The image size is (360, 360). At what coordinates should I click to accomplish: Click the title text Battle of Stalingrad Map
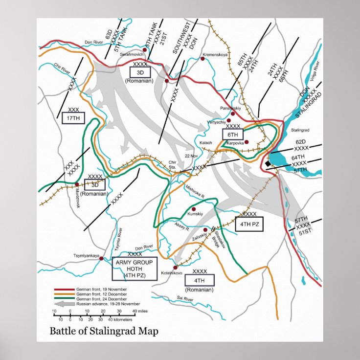click(x=104, y=331)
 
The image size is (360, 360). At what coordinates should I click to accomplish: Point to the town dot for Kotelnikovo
click(x=175, y=268)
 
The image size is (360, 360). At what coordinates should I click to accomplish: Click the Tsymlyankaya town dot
click(x=101, y=259)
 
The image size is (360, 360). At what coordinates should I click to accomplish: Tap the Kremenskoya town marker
click(x=202, y=59)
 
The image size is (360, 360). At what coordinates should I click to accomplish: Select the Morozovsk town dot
click(x=77, y=185)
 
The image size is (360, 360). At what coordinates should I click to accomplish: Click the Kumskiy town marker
click(x=194, y=209)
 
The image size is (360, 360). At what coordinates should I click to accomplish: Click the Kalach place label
click(x=206, y=142)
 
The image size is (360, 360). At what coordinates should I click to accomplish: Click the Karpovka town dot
click(x=247, y=142)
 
